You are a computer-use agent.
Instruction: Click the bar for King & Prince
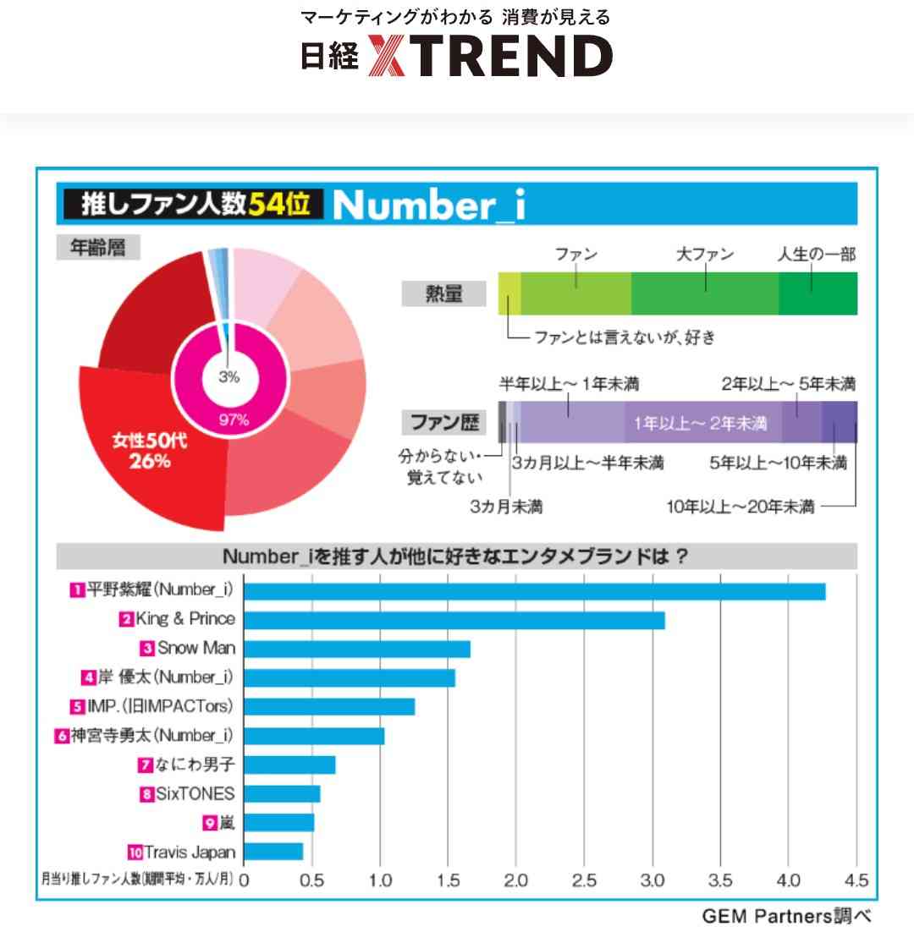click(454, 621)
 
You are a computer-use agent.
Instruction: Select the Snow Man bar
click(356, 650)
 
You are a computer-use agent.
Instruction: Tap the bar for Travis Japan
click(273, 852)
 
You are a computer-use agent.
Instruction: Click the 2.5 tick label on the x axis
click(584, 881)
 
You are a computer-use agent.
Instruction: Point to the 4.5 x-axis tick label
click(856, 881)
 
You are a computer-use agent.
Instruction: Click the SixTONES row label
click(194, 793)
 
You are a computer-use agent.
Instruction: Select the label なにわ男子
click(194, 765)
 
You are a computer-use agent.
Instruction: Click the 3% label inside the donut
click(229, 378)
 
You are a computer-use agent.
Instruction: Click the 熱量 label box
click(443, 294)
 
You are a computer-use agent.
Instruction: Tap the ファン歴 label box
click(444, 421)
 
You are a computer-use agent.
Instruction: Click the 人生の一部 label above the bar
click(816, 254)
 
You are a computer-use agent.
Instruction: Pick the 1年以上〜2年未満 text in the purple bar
click(701, 423)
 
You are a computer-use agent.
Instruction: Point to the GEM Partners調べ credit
click(785, 916)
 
